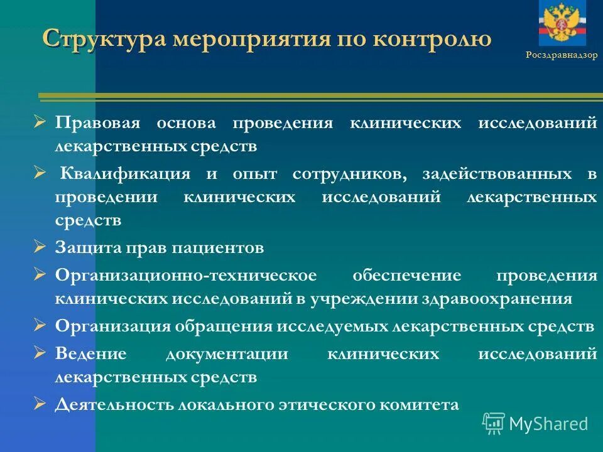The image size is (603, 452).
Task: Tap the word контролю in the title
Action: click(433, 40)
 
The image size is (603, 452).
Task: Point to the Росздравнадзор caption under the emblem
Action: click(562, 55)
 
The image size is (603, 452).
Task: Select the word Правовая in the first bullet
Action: click(96, 122)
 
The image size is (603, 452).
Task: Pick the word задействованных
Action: click(497, 174)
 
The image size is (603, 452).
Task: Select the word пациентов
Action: click(222, 248)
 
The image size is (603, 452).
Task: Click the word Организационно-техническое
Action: click(186, 276)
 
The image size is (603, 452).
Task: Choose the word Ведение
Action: click(91, 353)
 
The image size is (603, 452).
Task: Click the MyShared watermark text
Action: click(548, 424)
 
